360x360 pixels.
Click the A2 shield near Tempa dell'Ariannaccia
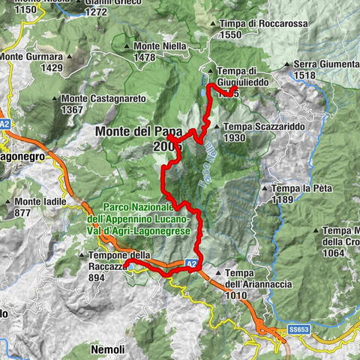point(191,264)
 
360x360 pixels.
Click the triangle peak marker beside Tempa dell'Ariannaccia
point(217,272)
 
